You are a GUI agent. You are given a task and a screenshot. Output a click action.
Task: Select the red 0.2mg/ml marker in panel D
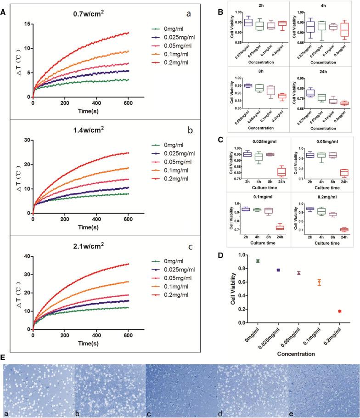(x=339, y=311)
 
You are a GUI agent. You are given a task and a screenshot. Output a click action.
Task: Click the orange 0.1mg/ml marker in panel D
(x=319, y=282)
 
